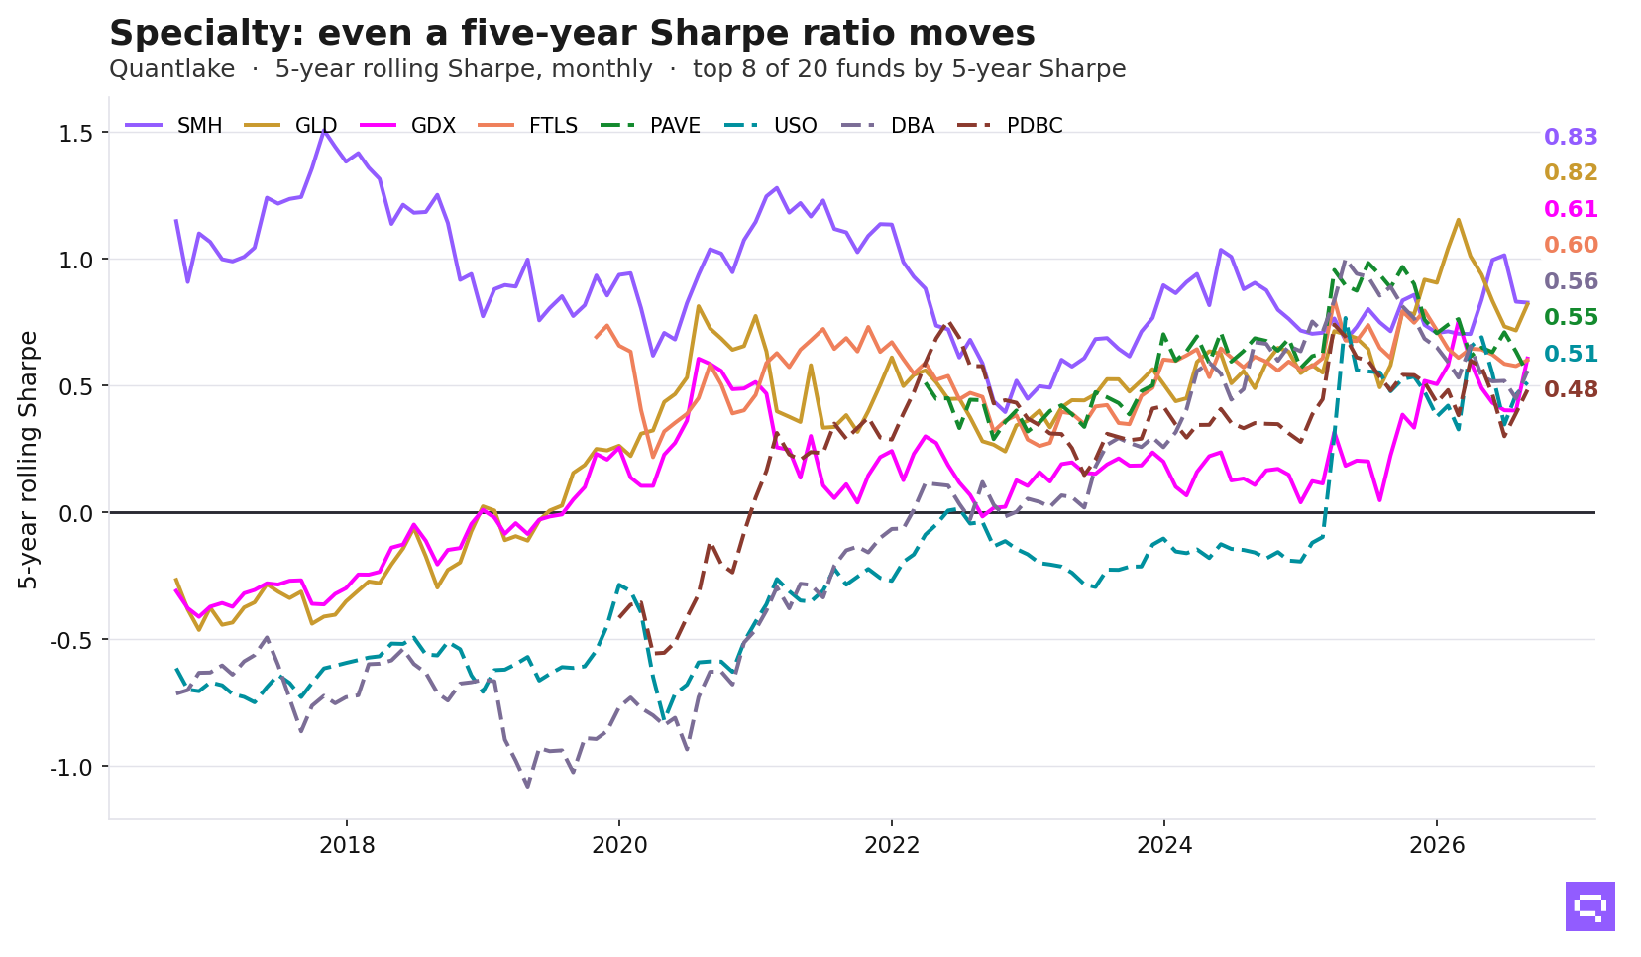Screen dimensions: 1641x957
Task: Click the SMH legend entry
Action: (x=173, y=126)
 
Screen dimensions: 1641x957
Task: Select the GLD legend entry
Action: (x=290, y=126)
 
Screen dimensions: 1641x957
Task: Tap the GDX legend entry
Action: (x=408, y=126)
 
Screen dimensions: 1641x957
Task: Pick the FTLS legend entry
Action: (x=527, y=126)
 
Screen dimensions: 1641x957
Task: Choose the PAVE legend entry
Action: (x=650, y=126)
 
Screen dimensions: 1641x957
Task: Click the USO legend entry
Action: (x=770, y=126)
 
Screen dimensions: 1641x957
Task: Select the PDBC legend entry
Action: (x=1010, y=126)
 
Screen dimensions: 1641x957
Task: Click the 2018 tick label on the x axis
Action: (x=347, y=846)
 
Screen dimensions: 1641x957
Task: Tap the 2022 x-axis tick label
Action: (x=892, y=846)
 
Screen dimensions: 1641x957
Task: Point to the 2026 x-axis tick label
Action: (x=1437, y=846)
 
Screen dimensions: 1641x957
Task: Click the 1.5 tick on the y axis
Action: (x=76, y=134)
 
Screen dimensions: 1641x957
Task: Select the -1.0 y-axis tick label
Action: (x=71, y=768)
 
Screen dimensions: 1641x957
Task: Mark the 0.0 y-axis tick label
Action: (x=76, y=513)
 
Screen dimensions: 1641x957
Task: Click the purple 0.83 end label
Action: (x=1571, y=137)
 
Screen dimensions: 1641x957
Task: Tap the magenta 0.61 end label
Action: (x=1571, y=209)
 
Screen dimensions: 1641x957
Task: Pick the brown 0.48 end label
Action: (x=1571, y=389)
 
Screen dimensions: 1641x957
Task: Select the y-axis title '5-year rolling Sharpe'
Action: (x=28, y=460)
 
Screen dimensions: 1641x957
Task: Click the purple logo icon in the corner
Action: (x=1589, y=906)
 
